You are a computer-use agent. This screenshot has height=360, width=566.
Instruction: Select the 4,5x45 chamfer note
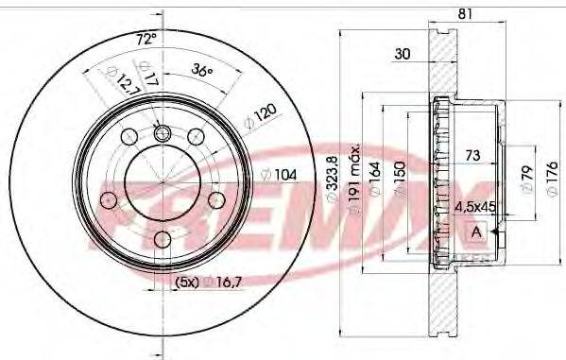476,204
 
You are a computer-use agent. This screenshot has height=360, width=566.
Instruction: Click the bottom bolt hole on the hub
162,239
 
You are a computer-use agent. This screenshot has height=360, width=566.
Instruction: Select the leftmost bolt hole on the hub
108,199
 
